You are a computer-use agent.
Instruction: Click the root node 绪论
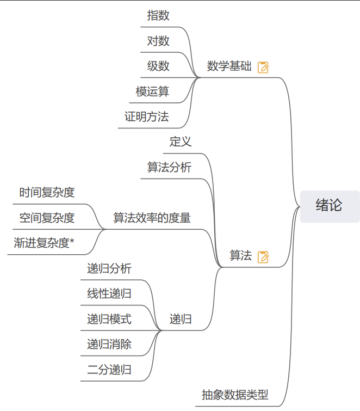[x=330, y=206]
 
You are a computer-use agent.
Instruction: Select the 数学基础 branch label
[x=229, y=66]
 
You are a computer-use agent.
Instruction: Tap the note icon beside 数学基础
[x=263, y=67]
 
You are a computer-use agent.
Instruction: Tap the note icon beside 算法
[x=263, y=256]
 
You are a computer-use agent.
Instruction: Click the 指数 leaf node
[x=158, y=15]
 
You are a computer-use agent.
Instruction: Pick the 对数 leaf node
[x=158, y=41]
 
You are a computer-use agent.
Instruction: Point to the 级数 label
[x=158, y=66]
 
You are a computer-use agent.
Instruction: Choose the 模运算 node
[x=152, y=91]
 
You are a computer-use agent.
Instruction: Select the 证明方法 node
[x=146, y=116]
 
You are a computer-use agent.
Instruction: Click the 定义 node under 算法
[x=181, y=142]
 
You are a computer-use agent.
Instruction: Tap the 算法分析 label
[x=169, y=167]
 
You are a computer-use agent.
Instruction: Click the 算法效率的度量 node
[x=152, y=218]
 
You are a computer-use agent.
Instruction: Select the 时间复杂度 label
[x=47, y=192]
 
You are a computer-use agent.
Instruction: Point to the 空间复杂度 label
[x=47, y=218]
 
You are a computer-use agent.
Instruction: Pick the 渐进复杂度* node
[x=44, y=243]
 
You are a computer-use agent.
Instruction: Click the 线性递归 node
[x=109, y=294]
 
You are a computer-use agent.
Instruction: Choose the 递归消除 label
[x=109, y=345]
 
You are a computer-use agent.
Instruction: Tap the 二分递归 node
[x=109, y=370]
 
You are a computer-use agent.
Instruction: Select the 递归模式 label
[x=109, y=319]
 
